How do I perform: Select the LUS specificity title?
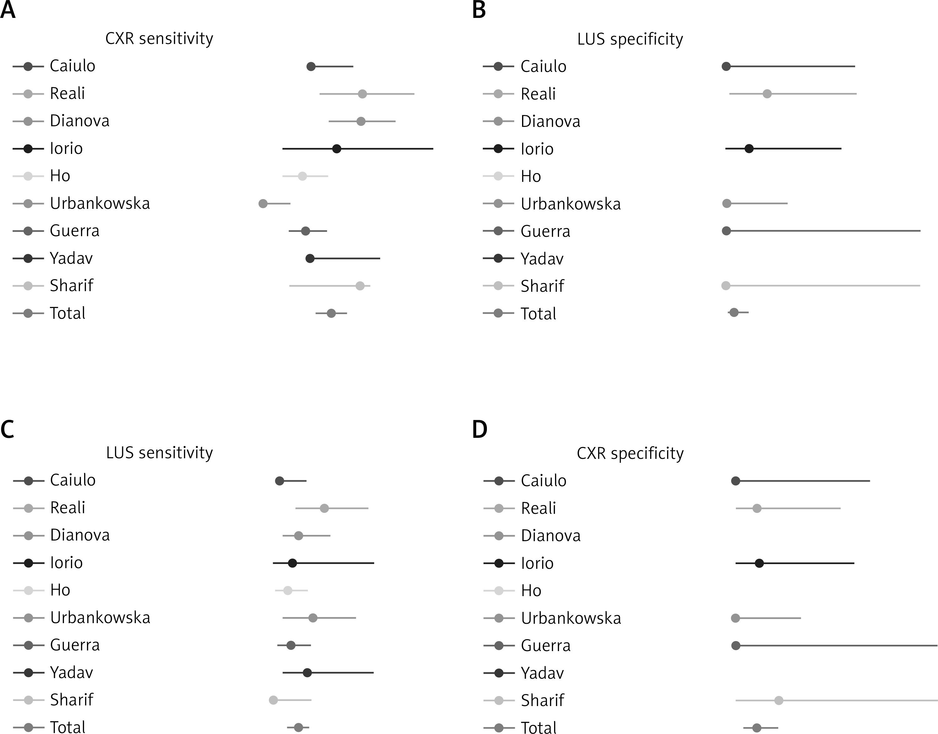pyautogui.click(x=630, y=39)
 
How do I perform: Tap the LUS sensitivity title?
pyautogui.click(x=159, y=453)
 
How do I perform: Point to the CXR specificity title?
pyautogui.click(x=630, y=454)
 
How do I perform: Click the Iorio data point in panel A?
pyautogui.click(x=337, y=149)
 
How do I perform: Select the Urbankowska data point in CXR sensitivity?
pyautogui.click(x=263, y=204)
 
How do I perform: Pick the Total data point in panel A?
pyautogui.click(x=331, y=313)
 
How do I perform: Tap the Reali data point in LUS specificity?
pyautogui.click(x=767, y=94)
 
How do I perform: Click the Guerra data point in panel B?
pyautogui.click(x=726, y=231)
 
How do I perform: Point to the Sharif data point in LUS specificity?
pyautogui.click(x=726, y=286)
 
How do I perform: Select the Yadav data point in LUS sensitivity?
pyautogui.click(x=307, y=672)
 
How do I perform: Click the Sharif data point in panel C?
pyautogui.click(x=273, y=700)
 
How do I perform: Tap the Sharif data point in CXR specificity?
pyautogui.click(x=779, y=700)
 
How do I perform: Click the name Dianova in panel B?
pyautogui.click(x=550, y=122)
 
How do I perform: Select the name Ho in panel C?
pyautogui.click(x=60, y=590)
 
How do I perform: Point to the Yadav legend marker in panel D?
pyautogui.click(x=499, y=673)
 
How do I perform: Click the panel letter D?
pyautogui.click(x=479, y=429)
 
